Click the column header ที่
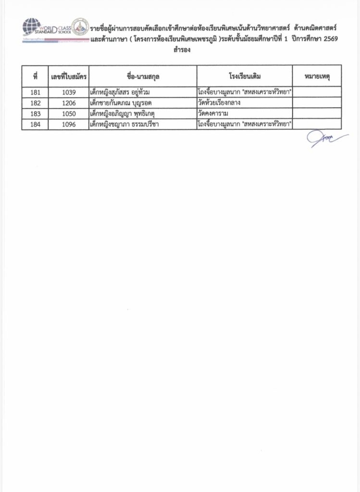36,76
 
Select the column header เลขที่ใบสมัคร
68,76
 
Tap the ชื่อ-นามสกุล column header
143,76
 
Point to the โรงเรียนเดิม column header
245,76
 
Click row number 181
36,92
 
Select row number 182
36,103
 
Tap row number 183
36,114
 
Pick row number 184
36,124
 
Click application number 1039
68,92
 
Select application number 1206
68,103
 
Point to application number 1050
68,114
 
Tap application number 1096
68,124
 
